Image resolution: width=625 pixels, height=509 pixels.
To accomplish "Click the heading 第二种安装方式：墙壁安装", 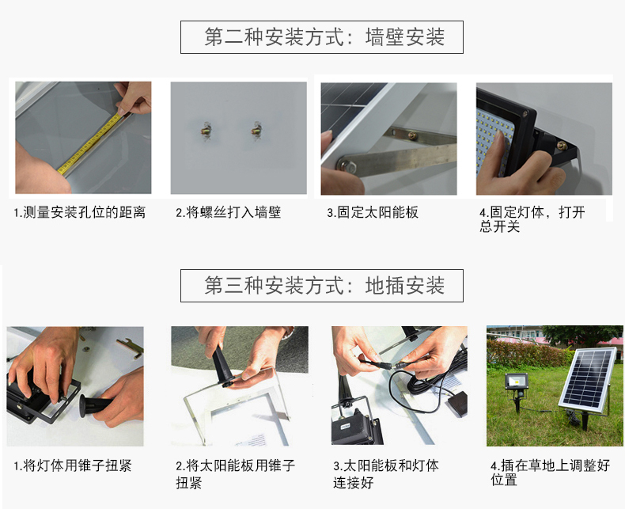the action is [324, 36].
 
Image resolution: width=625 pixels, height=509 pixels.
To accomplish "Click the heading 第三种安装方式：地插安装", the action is [324, 285].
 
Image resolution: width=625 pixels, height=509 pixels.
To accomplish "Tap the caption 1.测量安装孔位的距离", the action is [80, 212].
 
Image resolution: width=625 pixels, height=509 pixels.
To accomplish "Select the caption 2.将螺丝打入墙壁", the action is [229, 212].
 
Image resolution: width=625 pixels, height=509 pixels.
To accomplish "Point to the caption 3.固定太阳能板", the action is [373, 212].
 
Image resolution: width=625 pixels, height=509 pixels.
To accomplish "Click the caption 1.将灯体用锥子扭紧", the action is [73, 465].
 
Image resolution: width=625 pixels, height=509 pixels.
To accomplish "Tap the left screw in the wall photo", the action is [206, 131].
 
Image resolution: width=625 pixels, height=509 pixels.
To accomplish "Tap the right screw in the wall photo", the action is [257, 130].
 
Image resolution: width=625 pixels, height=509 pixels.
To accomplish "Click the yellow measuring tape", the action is [89, 143].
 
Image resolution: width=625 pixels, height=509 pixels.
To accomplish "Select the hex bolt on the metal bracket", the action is [345, 165].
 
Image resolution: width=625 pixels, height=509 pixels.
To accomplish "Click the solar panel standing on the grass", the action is [587, 380].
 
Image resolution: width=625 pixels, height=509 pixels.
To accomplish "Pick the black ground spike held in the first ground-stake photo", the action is [95, 404].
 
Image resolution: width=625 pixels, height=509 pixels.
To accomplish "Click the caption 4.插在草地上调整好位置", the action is [550, 473].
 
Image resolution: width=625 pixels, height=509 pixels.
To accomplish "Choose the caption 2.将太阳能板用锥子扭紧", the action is [235, 474].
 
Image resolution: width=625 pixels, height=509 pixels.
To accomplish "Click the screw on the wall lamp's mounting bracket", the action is [562, 146].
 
